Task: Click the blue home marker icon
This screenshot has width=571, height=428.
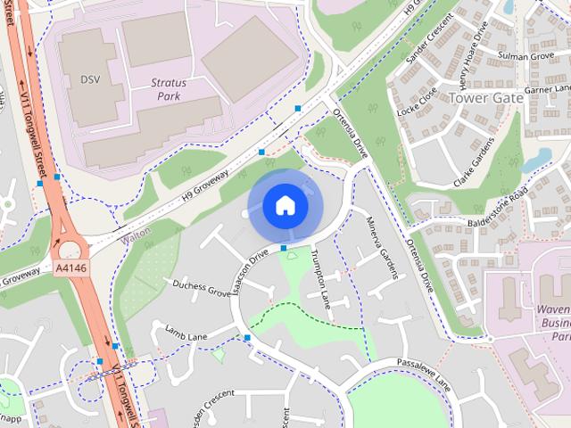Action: click(285, 206)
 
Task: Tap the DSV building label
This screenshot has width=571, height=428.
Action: click(90, 79)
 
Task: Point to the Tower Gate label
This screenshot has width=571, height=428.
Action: click(484, 98)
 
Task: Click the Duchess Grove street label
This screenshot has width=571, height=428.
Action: click(200, 288)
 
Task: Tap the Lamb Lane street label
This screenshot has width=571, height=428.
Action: click(186, 332)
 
